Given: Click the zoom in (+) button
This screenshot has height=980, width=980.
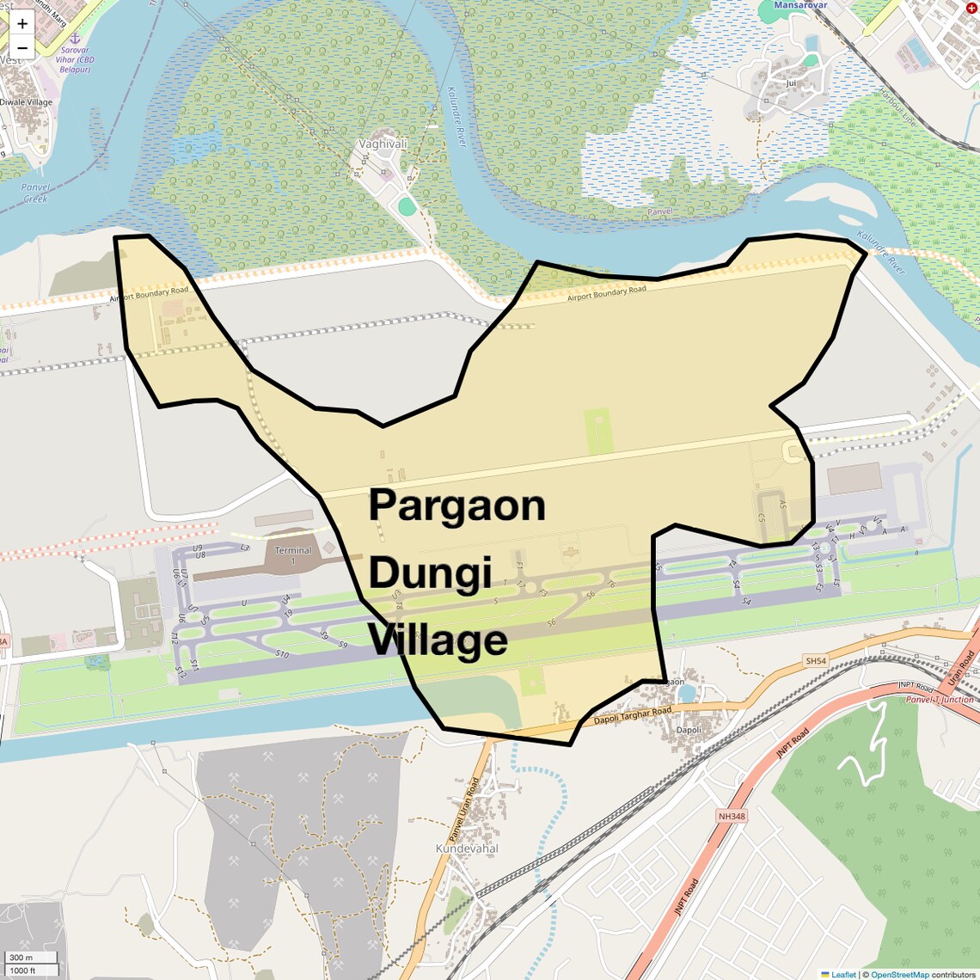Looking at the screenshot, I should tap(22, 23).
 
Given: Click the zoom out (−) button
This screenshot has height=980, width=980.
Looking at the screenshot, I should tap(22, 47).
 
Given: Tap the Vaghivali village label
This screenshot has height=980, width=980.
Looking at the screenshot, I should tap(383, 144).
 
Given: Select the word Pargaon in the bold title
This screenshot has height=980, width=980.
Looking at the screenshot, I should tap(456, 505).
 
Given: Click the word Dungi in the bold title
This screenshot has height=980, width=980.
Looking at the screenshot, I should tap(430, 573).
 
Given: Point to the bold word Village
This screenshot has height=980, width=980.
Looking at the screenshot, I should tap(438, 641).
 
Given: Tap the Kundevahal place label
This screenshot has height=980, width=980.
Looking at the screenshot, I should tap(467, 848).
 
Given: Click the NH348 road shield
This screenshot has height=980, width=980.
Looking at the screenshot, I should tap(731, 815).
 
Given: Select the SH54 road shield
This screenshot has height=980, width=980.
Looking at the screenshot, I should tap(815, 661).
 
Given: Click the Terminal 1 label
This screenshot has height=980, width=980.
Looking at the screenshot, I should tap(293, 555).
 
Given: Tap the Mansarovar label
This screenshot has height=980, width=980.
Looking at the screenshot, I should tap(800, 5).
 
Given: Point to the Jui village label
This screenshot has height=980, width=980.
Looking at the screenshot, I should tap(791, 83).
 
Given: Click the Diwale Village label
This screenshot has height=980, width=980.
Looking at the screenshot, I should tap(26, 102).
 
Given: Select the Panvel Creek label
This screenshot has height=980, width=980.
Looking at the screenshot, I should tap(36, 193).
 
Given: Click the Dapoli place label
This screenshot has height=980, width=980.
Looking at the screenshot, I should tap(689, 730).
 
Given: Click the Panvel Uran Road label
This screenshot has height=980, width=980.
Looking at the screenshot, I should tap(463, 810).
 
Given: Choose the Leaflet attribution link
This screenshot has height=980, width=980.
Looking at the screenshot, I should tap(842, 974).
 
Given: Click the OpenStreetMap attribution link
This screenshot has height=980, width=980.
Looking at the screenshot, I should tap(899, 974).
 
